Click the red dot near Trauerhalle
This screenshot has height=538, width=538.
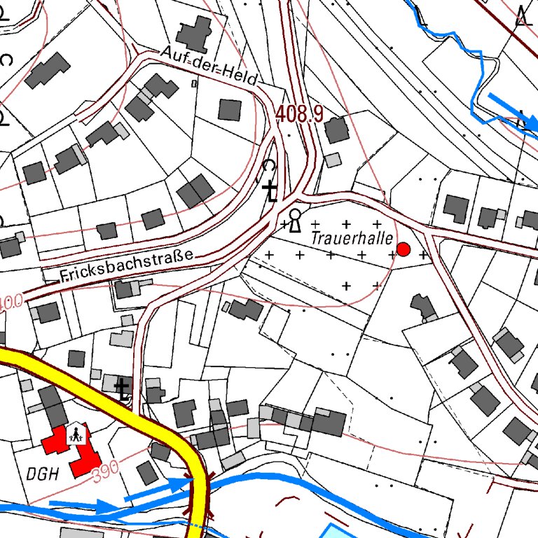[x=403, y=249]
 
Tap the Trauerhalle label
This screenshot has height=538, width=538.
[x=352, y=238]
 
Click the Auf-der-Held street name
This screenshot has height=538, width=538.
[x=209, y=64]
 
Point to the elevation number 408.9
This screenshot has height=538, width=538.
[x=299, y=114]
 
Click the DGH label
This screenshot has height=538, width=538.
[x=41, y=473]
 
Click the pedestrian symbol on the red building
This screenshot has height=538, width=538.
[x=76, y=435]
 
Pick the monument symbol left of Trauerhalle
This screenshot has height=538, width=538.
[x=296, y=220]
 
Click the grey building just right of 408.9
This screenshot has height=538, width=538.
[x=337, y=130]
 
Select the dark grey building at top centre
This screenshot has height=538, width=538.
[x=194, y=32]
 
